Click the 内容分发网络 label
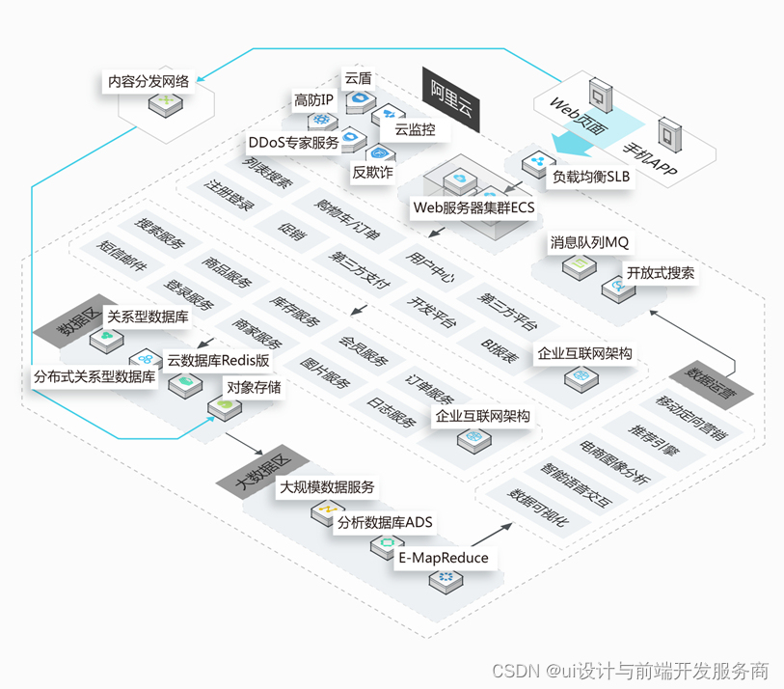pos(149,82)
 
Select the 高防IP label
pos(313,99)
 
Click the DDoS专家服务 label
pos(293,143)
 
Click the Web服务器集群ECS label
pos(473,206)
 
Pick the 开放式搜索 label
pos(660,272)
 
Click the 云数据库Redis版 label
pos(218,360)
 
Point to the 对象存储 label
pos(254,387)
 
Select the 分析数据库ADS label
pos(385,523)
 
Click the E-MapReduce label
pos(443,558)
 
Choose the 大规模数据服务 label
pos(327,488)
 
